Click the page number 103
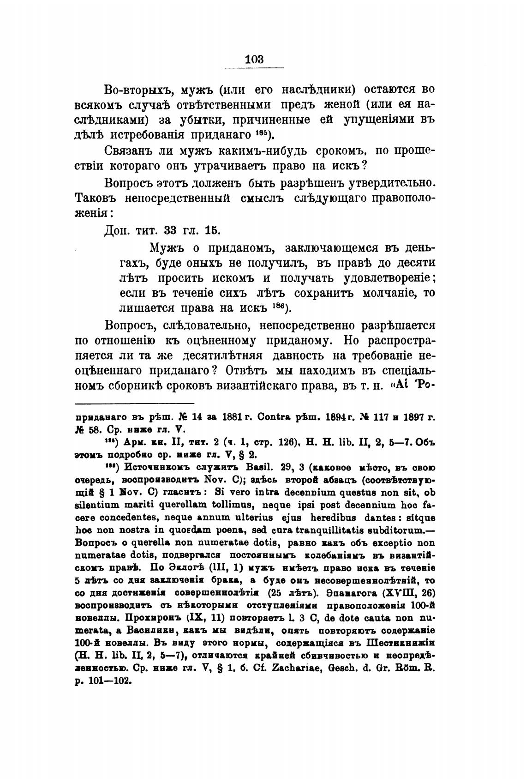(x=254, y=60)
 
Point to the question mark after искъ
(x=363, y=166)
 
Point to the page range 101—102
(x=107, y=680)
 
